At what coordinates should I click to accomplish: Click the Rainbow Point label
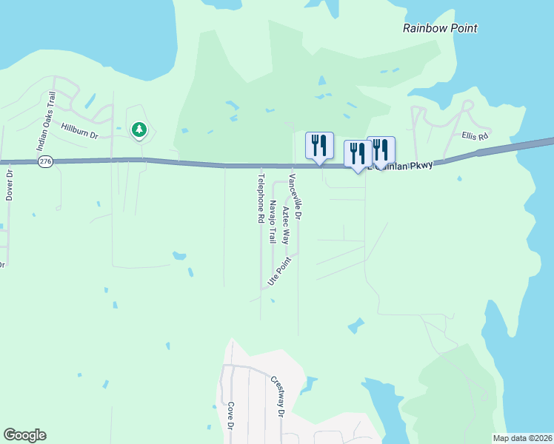click(440, 28)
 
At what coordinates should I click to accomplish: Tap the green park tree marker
click(138, 131)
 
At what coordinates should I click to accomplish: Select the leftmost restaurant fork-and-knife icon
click(319, 144)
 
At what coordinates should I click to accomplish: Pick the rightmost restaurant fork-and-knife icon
click(381, 149)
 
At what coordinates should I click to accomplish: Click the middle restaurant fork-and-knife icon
click(358, 153)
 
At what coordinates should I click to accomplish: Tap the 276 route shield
click(46, 161)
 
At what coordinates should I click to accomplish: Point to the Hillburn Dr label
click(79, 131)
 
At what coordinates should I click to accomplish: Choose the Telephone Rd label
click(261, 198)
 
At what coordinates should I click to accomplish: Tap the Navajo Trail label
click(273, 222)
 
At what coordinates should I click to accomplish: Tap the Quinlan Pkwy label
click(404, 165)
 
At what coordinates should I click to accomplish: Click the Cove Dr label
click(231, 416)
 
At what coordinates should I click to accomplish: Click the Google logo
click(24, 435)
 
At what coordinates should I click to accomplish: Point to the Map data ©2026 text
click(522, 438)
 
